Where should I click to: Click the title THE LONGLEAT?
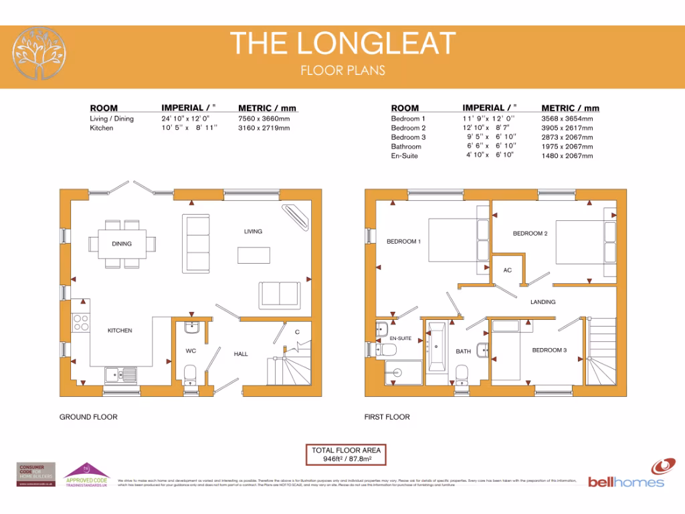342,44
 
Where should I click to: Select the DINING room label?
122,244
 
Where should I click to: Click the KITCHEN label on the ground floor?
120,331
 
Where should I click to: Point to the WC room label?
191,351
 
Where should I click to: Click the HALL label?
240,353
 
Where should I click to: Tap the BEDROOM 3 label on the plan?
549,350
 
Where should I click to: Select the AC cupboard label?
507,270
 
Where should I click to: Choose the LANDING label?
543,302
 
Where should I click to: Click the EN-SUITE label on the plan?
400,339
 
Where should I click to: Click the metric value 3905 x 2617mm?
567,128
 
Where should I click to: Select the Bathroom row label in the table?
406,147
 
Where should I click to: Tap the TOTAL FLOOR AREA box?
346,455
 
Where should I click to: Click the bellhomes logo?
627,473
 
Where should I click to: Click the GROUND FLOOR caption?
88,417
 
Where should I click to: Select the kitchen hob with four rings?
82,323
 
